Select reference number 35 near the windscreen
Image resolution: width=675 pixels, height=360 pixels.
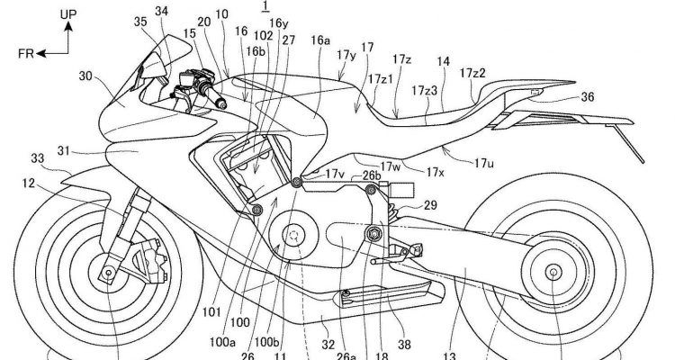(139, 21)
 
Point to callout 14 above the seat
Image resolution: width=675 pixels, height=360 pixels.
(444, 61)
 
